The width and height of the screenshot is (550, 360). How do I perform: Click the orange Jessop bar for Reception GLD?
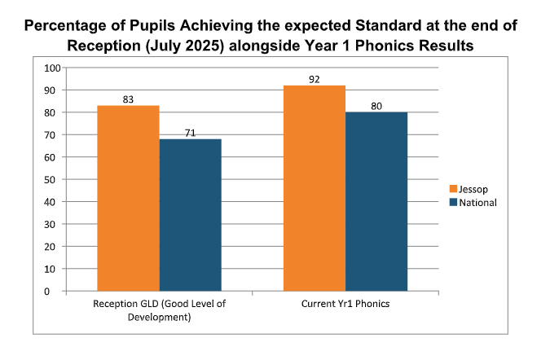(128, 198)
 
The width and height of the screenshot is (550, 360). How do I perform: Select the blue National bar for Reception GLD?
(190, 214)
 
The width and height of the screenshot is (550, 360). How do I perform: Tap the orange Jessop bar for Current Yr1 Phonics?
(314, 187)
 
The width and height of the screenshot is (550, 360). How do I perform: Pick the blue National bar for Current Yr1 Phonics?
(376, 201)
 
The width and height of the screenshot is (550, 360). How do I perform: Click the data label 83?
(128, 99)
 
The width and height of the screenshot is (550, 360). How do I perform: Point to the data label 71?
(190, 132)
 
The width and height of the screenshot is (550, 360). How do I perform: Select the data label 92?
(314, 79)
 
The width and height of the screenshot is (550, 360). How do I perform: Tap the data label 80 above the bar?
(376, 105)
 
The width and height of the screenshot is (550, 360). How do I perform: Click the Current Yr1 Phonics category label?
(345, 305)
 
